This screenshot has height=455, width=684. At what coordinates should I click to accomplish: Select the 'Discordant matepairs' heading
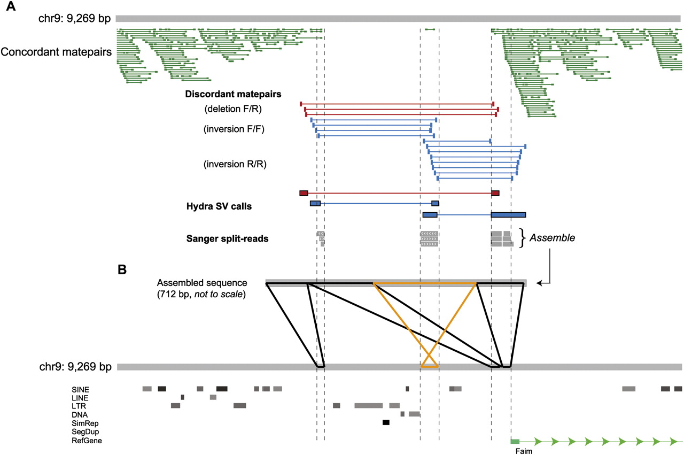[x=234, y=94]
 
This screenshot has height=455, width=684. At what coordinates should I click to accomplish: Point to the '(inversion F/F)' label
[x=234, y=129]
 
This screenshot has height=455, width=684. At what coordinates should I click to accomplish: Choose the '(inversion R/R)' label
[x=235, y=165]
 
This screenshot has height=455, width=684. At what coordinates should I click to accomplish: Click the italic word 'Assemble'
[x=552, y=238]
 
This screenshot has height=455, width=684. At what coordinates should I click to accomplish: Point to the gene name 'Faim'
[x=524, y=451]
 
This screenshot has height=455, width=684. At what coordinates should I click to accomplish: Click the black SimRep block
[x=386, y=422]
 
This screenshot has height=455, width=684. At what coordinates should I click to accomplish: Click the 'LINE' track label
[x=80, y=398]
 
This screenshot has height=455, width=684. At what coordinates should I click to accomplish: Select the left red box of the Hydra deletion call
[x=304, y=192]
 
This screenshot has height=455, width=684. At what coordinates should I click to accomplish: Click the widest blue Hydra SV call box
[x=508, y=214]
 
